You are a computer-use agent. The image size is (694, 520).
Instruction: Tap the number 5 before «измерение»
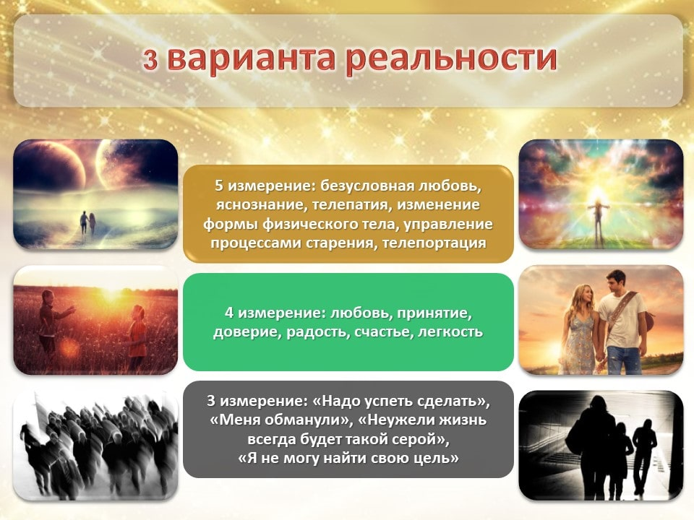(x=219, y=186)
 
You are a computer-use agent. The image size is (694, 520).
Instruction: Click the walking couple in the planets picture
(x=87, y=222)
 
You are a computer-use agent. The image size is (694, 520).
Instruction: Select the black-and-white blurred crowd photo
(x=95, y=444)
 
